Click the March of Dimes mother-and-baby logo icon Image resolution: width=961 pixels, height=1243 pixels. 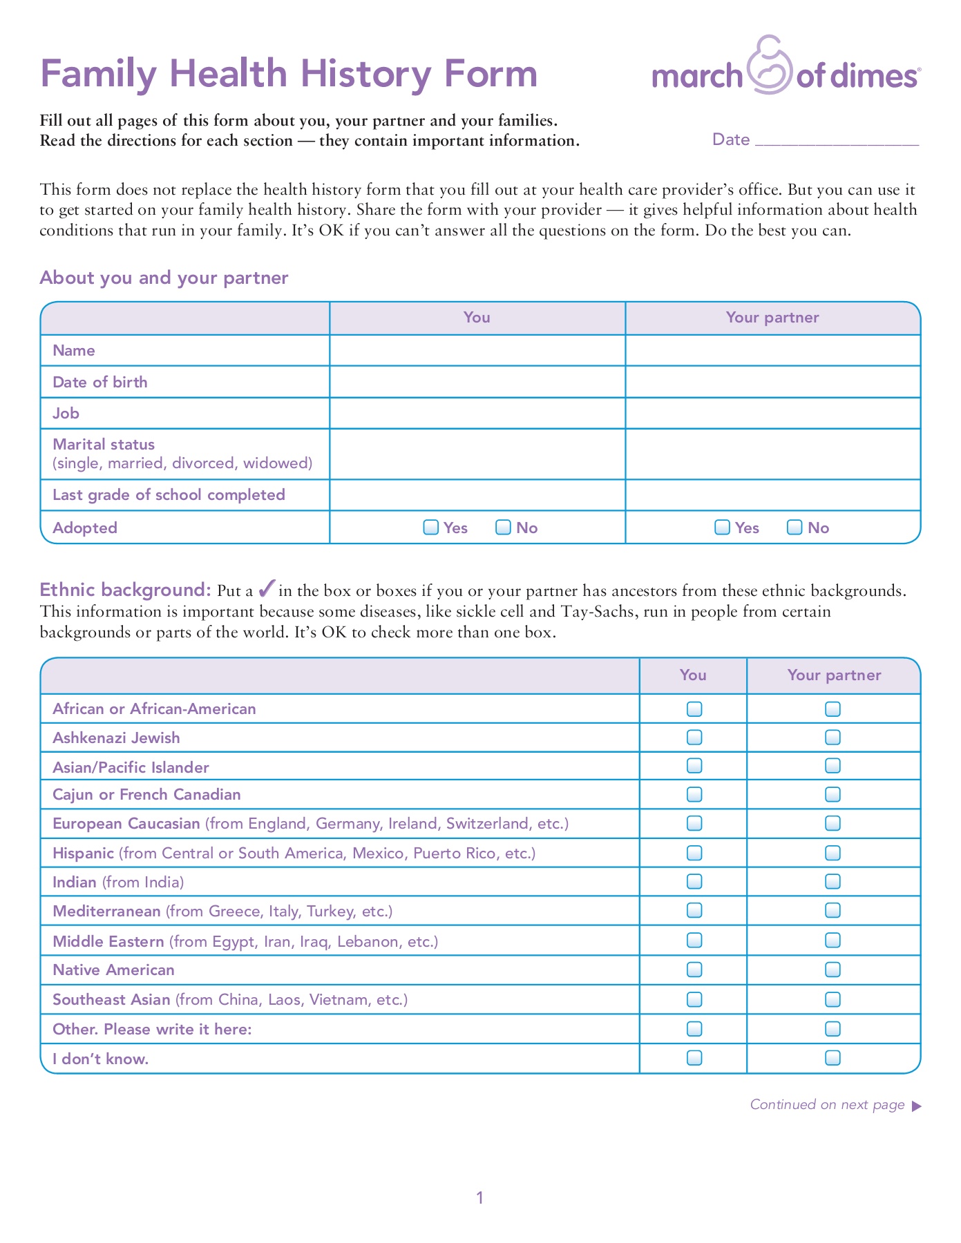(770, 66)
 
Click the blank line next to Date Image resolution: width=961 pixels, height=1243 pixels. (837, 141)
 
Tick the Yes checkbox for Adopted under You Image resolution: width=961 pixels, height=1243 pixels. (430, 528)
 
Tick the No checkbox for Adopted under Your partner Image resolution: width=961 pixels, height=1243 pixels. (795, 528)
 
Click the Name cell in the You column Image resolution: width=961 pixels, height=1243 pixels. (477, 350)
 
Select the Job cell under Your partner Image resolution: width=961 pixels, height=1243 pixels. (772, 413)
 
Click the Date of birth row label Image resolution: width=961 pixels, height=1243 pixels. (100, 382)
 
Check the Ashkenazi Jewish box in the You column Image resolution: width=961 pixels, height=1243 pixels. (694, 738)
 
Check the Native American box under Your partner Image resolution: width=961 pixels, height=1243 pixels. (833, 970)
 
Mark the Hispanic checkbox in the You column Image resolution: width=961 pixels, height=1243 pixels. (694, 853)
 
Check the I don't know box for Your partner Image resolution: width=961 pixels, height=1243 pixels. (833, 1058)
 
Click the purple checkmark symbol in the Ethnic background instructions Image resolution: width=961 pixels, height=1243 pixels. (267, 589)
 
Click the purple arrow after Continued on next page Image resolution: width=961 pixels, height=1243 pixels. (917, 1106)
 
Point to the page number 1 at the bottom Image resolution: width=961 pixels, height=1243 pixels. (480, 1197)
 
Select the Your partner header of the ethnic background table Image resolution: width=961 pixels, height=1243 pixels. (834, 675)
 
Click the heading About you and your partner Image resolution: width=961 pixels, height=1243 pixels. (164, 278)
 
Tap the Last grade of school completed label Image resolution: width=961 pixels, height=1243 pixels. (169, 494)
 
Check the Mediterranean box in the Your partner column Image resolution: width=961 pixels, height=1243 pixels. (833, 911)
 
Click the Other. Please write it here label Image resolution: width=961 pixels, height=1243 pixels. (152, 1029)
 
